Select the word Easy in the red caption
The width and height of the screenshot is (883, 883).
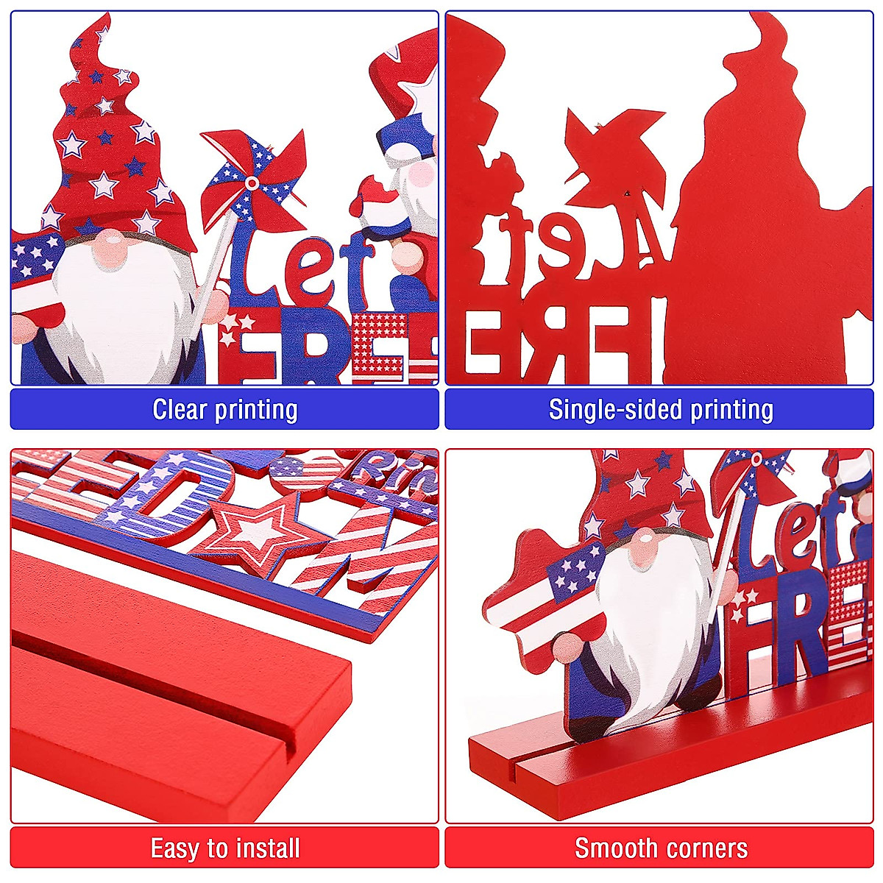pyautogui.click(x=175, y=848)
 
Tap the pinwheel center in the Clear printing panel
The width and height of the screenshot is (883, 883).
pyautogui.click(x=252, y=182)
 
